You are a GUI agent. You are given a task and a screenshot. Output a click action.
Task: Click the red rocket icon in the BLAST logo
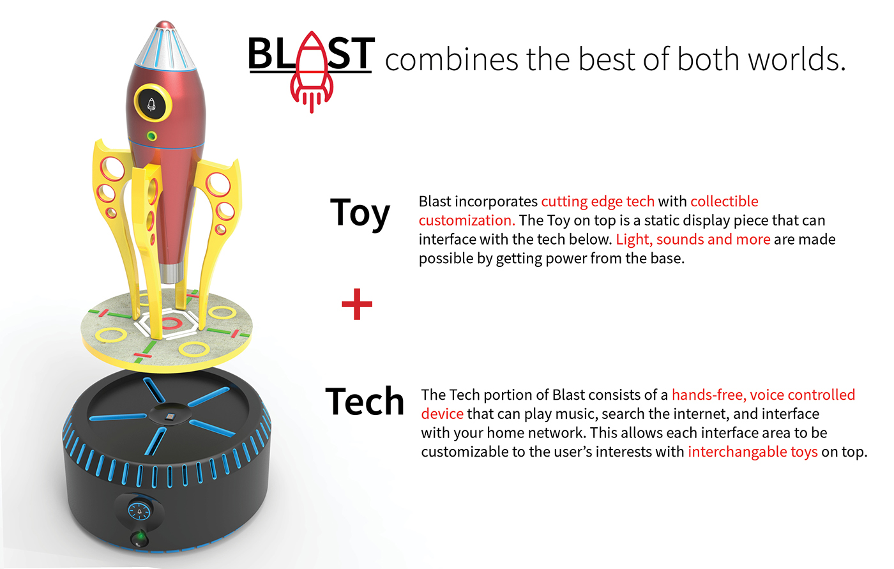(312, 72)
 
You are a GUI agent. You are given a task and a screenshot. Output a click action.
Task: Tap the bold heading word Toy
(360, 213)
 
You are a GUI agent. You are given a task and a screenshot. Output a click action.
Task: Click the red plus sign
(357, 304)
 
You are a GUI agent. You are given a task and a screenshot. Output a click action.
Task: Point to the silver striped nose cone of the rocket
(165, 46)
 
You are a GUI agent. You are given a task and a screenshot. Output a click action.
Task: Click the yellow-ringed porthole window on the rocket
(153, 103)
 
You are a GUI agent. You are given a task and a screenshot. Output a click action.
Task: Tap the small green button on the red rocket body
(151, 136)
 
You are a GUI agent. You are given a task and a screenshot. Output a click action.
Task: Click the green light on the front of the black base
(140, 538)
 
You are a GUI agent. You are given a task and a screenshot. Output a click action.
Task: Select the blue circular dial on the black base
(139, 511)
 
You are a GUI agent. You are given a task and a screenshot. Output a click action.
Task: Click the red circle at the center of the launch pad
(170, 323)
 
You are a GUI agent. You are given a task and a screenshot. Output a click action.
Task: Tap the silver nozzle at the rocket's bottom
(172, 273)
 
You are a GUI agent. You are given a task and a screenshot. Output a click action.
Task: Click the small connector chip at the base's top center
(170, 416)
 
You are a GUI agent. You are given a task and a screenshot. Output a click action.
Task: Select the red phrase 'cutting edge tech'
(598, 202)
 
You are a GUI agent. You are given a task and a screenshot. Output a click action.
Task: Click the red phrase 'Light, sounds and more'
(693, 239)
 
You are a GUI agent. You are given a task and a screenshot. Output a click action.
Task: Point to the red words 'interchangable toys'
(753, 452)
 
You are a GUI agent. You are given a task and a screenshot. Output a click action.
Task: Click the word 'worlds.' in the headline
(797, 59)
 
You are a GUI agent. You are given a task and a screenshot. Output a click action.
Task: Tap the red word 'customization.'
(467, 221)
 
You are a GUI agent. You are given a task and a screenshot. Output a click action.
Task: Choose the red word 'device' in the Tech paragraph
(442, 414)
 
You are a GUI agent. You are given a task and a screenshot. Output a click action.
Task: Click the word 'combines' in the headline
(451, 59)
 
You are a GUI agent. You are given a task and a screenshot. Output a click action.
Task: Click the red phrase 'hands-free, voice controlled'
(764, 395)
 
